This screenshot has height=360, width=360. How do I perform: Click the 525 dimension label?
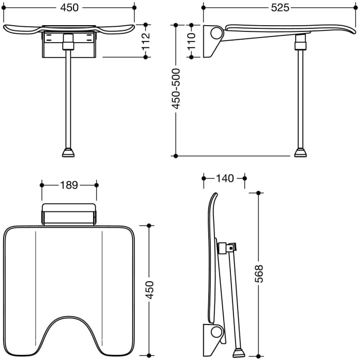pyautogui.click(x=280, y=8)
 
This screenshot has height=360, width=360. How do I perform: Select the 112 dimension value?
pyautogui.click(x=146, y=41)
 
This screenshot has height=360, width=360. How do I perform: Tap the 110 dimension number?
pyautogui.click(x=191, y=41)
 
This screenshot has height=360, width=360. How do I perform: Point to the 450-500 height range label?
pyautogui.click(x=176, y=88)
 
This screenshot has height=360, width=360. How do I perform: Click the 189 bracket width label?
pyautogui.click(x=69, y=185)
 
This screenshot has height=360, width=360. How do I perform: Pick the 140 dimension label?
pyautogui.click(x=225, y=178)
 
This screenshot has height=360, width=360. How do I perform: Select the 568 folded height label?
pyautogui.click(x=259, y=274)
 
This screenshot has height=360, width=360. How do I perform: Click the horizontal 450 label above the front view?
pyautogui.click(x=69, y=8)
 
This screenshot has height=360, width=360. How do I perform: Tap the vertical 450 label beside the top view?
pyautogui.click(x=149, y=290)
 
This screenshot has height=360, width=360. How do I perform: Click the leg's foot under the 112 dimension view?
pyautogui.click(x=68, y=153)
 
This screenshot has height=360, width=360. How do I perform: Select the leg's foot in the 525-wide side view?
pyautogui.click(x=300, y=153)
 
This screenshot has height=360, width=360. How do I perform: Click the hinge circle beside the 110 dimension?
pyautogui.click(x=217, y=33)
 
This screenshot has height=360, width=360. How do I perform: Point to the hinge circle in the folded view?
pyautogui.click(x=216, y=332)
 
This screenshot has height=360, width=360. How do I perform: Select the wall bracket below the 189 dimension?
pyautogui.click(x=69, y=214)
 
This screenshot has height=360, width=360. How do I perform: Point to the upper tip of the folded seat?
pyautogui.click(x=215, y=194)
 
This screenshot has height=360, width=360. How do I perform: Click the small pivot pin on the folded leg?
pyautogui.click(x=230, y=248)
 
